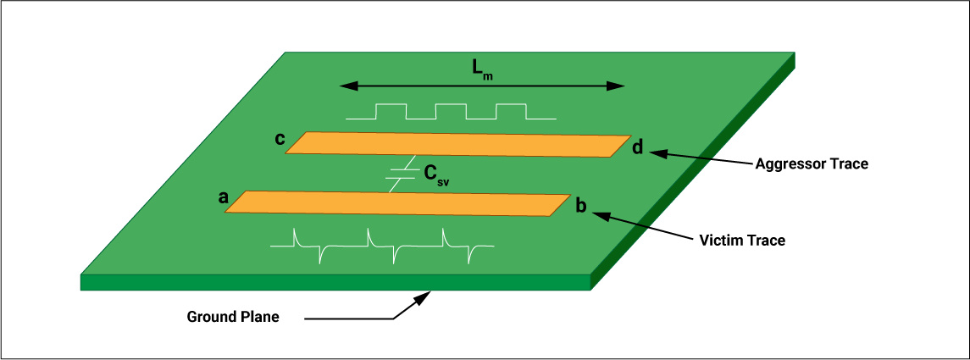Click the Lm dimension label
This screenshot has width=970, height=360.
[x=483, y=70]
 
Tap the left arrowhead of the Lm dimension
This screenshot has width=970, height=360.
[x=344, y=86]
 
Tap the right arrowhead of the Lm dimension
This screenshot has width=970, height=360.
[x=619, y=86]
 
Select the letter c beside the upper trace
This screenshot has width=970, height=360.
[x=279, y=138]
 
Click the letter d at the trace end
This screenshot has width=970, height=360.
[x=638, y=148]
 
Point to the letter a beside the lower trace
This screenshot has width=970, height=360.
[x=223, y=197]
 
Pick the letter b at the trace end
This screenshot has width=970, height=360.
[x=581, y=206]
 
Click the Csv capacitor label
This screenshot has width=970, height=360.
[x=435, y=175]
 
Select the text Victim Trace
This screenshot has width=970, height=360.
[x=743, y=241]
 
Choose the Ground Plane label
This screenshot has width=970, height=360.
[x=233, y=318]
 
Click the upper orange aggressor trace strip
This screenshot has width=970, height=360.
[x=457, y=144]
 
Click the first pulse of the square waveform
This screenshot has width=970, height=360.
[x=391, y=111]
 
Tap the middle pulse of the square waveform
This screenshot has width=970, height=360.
[x=451, y=111]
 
